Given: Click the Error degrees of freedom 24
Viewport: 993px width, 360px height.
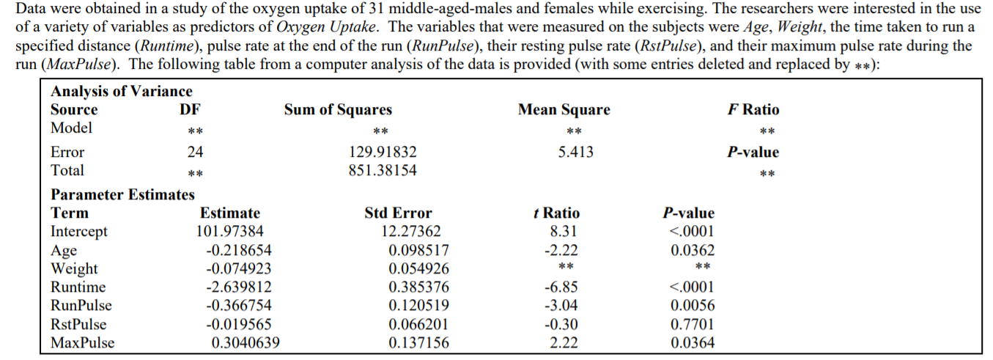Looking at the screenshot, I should pyautogui.click(x=194, y=153).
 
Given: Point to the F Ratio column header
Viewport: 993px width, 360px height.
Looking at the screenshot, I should pyautogui.click(x=753, y=110).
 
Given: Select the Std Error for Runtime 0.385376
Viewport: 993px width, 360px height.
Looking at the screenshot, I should pyautogui.click(x=419, y=287).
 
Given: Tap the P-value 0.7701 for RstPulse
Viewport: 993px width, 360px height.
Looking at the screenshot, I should pyautogui.click(x=693, y=324).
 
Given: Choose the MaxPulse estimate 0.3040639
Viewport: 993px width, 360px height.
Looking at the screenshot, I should pyautogui.click(x=246, y=342).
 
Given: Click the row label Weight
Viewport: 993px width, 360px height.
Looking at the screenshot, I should pyautogui.click(x=74, y=269).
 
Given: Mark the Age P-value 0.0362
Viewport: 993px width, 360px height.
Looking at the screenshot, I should pyautogui.click(x=693, y=250).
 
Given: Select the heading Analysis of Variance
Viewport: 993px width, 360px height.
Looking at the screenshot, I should pyautogui.click(x=121, y=92).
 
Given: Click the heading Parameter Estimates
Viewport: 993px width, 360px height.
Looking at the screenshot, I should pyautogui.click(x=122, y=195).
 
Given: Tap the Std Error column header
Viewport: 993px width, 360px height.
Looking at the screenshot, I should pyautogui.click(x=398, y=213).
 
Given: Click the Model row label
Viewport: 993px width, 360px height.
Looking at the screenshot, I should pyautogui.click(x=71, y=128).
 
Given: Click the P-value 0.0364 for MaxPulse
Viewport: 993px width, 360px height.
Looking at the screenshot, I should pyautogui.click(x=693, y=342).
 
